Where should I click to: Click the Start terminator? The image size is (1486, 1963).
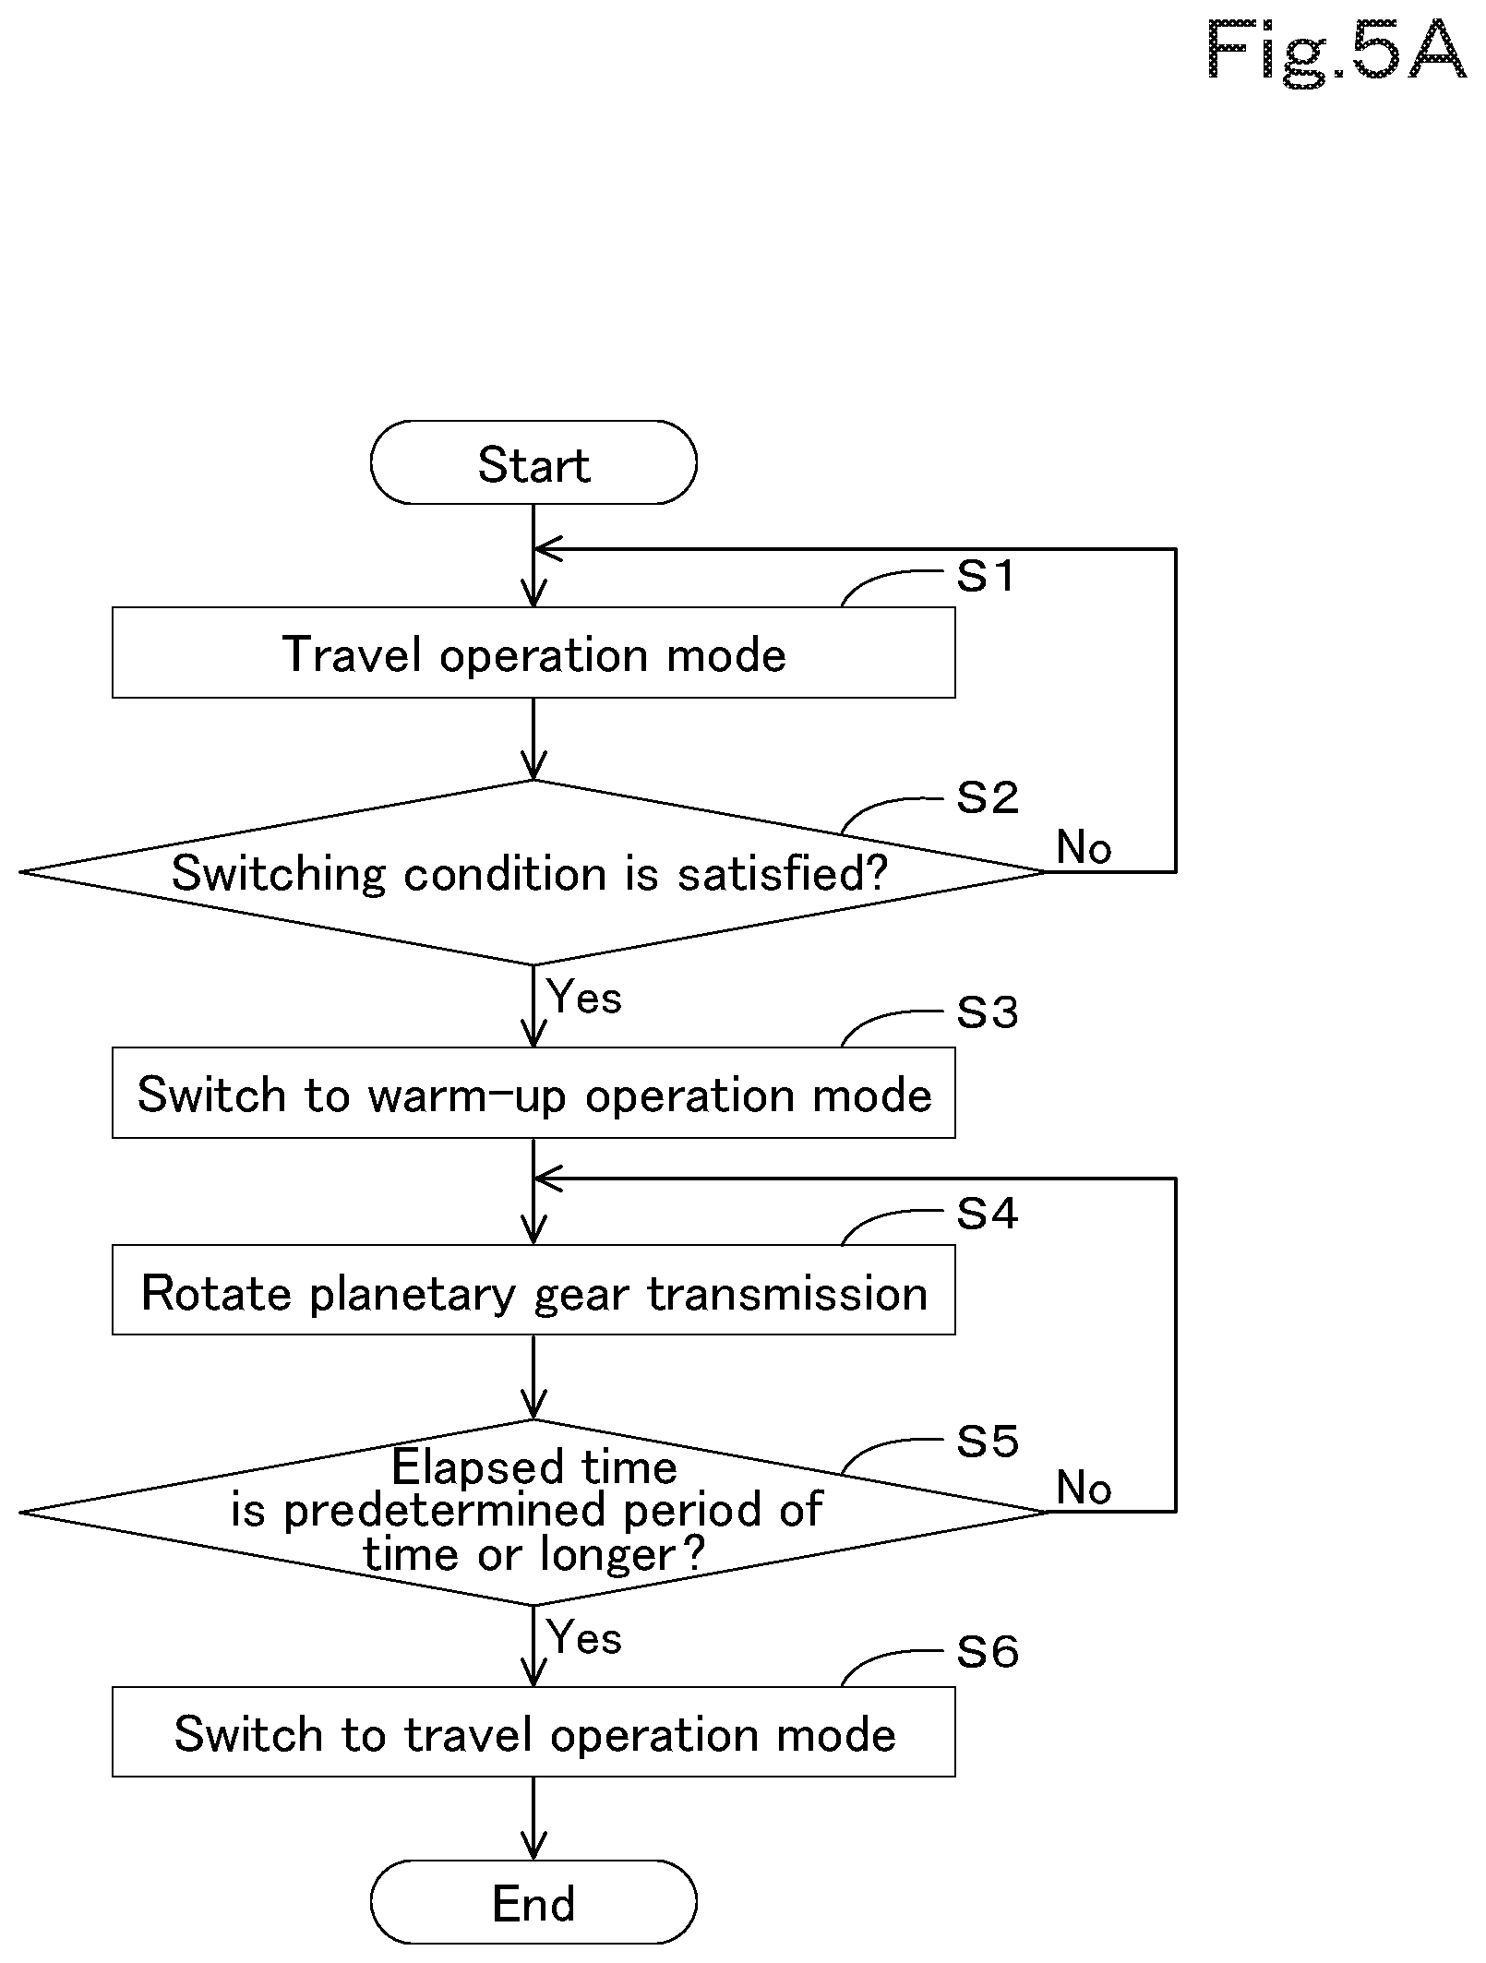533,462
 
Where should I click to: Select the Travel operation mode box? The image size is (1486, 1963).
533,652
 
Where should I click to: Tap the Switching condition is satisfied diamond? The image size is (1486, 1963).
533,872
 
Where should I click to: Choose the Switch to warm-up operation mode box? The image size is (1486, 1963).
533,1093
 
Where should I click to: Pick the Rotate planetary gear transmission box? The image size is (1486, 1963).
533,1290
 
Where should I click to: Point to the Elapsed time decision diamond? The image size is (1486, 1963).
533,1513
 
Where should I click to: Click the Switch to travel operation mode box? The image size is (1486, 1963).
533,1732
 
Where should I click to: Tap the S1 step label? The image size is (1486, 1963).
986,576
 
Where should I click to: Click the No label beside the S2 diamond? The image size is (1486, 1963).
1084,847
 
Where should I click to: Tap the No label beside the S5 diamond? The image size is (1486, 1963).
1084,1488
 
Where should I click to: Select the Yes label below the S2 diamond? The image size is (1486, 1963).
584,997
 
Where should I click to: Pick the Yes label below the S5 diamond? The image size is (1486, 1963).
584,1638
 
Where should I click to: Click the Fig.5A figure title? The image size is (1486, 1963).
1336,53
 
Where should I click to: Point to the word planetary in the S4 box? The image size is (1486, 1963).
411,1294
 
